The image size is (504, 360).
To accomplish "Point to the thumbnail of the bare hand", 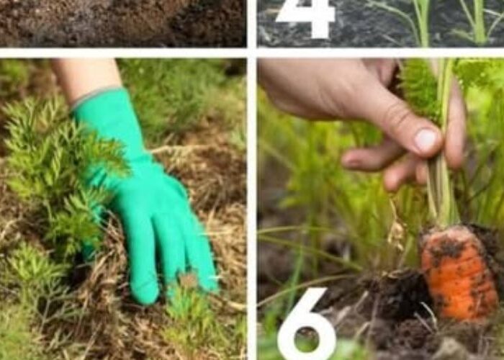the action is [426, 140].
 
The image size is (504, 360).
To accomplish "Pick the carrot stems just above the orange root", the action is [443, 199].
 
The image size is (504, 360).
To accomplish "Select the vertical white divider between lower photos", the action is [252, 209].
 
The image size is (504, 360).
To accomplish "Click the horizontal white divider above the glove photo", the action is [123, 53].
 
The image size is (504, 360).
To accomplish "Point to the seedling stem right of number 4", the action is [423, 22].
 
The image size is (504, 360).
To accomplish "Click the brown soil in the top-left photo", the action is [122, 23].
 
